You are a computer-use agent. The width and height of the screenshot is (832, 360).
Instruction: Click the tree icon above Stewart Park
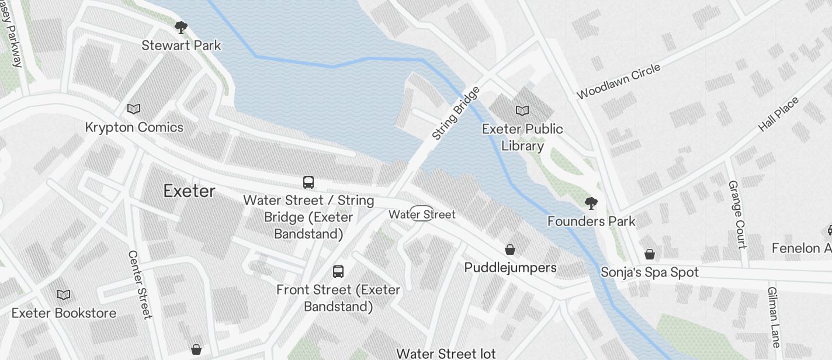[x=181, y=27]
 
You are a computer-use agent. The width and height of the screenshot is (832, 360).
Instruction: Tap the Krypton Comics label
[x=134, y=127]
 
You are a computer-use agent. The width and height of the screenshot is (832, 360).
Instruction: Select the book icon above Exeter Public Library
[x=522, y=110]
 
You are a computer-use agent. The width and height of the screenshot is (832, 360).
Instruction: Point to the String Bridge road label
[x=456, y=113]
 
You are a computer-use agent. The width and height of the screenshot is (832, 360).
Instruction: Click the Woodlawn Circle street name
[x=618, y=81]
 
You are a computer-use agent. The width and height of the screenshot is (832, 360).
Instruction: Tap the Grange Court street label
[x=737, y=214]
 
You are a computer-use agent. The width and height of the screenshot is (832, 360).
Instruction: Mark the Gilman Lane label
[x=774, y=317]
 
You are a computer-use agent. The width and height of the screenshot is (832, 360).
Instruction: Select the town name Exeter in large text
[x=189, y=191]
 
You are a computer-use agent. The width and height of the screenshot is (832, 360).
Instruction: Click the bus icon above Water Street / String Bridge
[x=308, y=182]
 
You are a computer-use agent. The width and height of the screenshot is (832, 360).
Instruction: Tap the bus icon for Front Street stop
[x=338, y=271]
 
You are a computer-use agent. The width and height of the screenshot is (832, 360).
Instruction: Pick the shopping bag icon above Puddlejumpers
[x=510, y=250]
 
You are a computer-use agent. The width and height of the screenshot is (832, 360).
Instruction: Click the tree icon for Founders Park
[x=591, y=203]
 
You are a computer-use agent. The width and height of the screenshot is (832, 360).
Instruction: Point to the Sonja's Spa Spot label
[x=650, y=272]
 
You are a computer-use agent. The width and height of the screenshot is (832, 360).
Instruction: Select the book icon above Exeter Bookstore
[x=64, y=295]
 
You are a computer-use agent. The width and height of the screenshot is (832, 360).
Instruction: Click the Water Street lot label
[x=446, y=354]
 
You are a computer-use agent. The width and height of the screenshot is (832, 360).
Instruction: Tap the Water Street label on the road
[x=422, y=214]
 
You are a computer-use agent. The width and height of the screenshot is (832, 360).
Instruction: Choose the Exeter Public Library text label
[x=522, y=137]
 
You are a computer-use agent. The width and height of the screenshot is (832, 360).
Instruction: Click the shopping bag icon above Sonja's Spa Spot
[x=650, y=254]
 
